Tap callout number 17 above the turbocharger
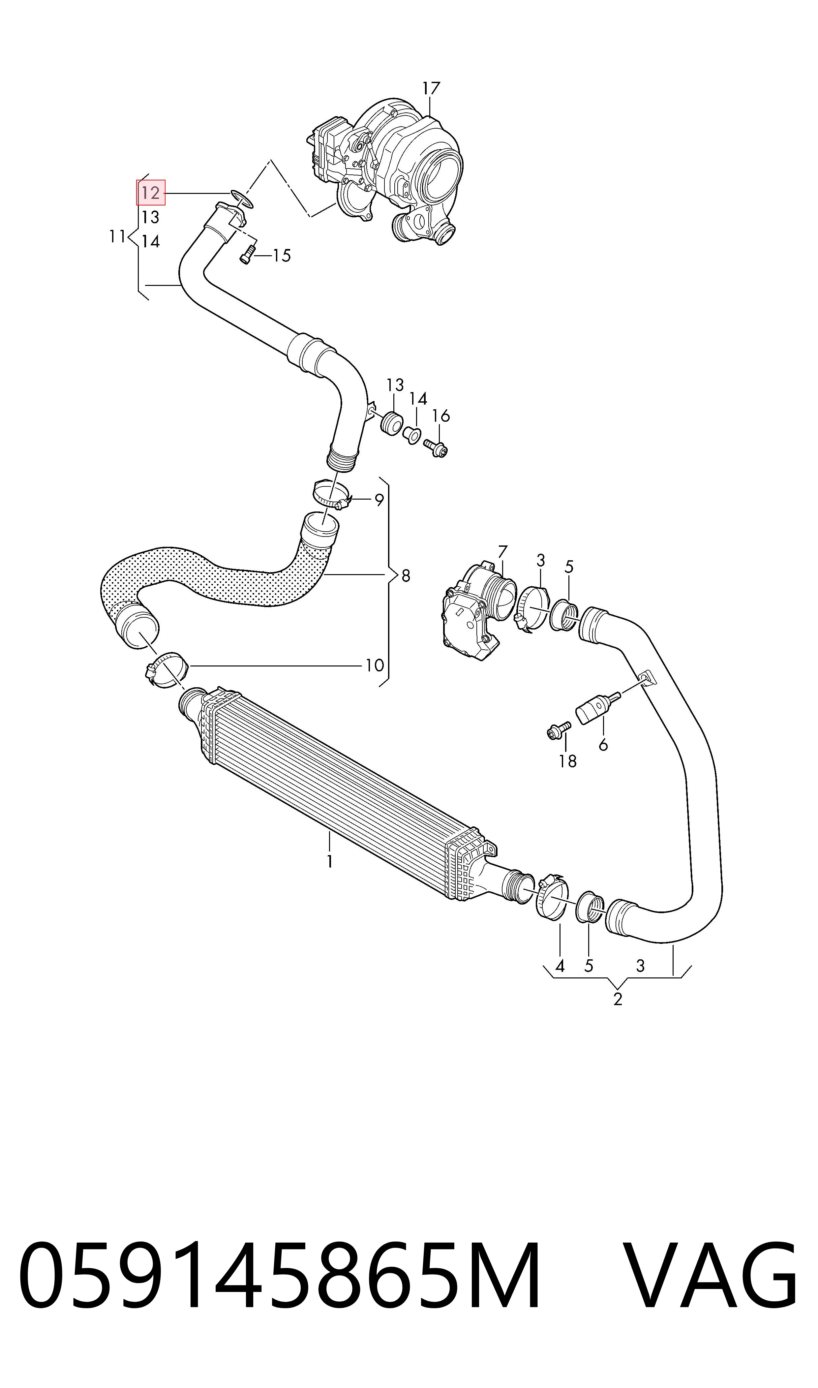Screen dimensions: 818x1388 [432, 88]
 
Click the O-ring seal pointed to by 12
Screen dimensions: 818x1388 [241, 199]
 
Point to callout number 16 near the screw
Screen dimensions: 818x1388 [441, 415]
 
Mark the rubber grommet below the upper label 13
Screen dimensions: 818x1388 [392, 422]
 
